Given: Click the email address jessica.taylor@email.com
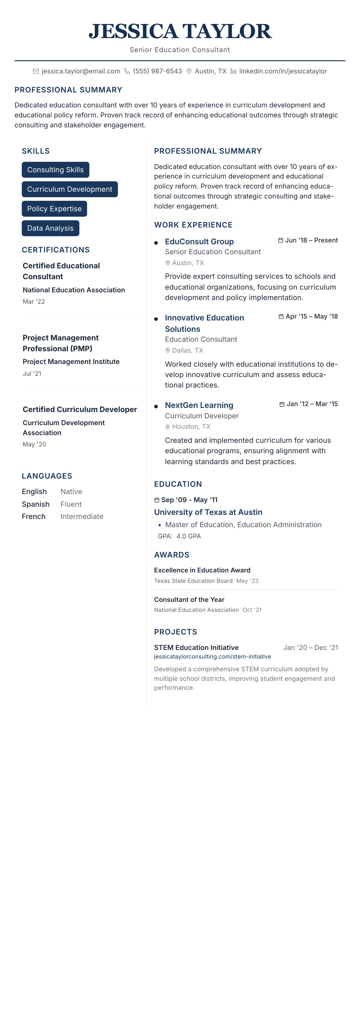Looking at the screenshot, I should pos(81,71).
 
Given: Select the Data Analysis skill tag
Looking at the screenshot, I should pos(50,228).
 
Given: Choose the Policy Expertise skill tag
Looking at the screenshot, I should pos(54,209).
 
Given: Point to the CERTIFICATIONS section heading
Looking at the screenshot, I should pos(56,250).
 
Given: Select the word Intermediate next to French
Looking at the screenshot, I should pos(82,516).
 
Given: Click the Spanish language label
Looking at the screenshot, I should pos(36,504).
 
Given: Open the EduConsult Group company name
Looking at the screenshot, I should pos(199,241).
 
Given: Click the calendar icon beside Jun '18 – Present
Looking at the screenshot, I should pos(281,240).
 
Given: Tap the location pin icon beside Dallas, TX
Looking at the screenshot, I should pos(168,351).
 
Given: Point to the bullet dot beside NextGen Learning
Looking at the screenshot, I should pos(156,406).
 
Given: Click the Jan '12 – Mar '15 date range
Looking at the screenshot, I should pos(312,404).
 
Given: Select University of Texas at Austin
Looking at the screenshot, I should pos(208,512).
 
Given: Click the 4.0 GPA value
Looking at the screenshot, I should pos(188,536).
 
